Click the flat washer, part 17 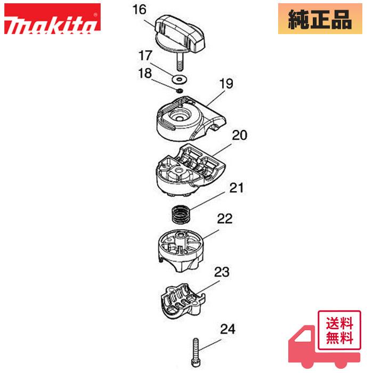(x=179, y=79)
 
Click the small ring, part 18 (x=180, y=91)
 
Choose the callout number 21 (x=237, y=187)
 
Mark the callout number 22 (x=224, y=218)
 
